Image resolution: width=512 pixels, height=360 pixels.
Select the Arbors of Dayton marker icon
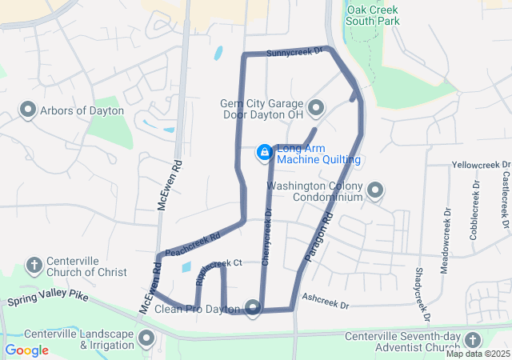tap(28, 109)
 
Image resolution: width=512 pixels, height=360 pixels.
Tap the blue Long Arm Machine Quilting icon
tap(264, 152)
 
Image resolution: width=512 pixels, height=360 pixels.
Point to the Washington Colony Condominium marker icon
tap(375, 191)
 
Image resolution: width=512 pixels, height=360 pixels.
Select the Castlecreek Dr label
tap(506, 195)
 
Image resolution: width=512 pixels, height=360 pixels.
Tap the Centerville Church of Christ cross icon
tap(34, 265)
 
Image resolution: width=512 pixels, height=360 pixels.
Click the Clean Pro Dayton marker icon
tap(254, 307)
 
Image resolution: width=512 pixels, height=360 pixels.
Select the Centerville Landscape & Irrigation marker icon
tap(146, 338)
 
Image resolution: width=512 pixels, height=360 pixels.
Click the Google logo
tap(26, 350)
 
